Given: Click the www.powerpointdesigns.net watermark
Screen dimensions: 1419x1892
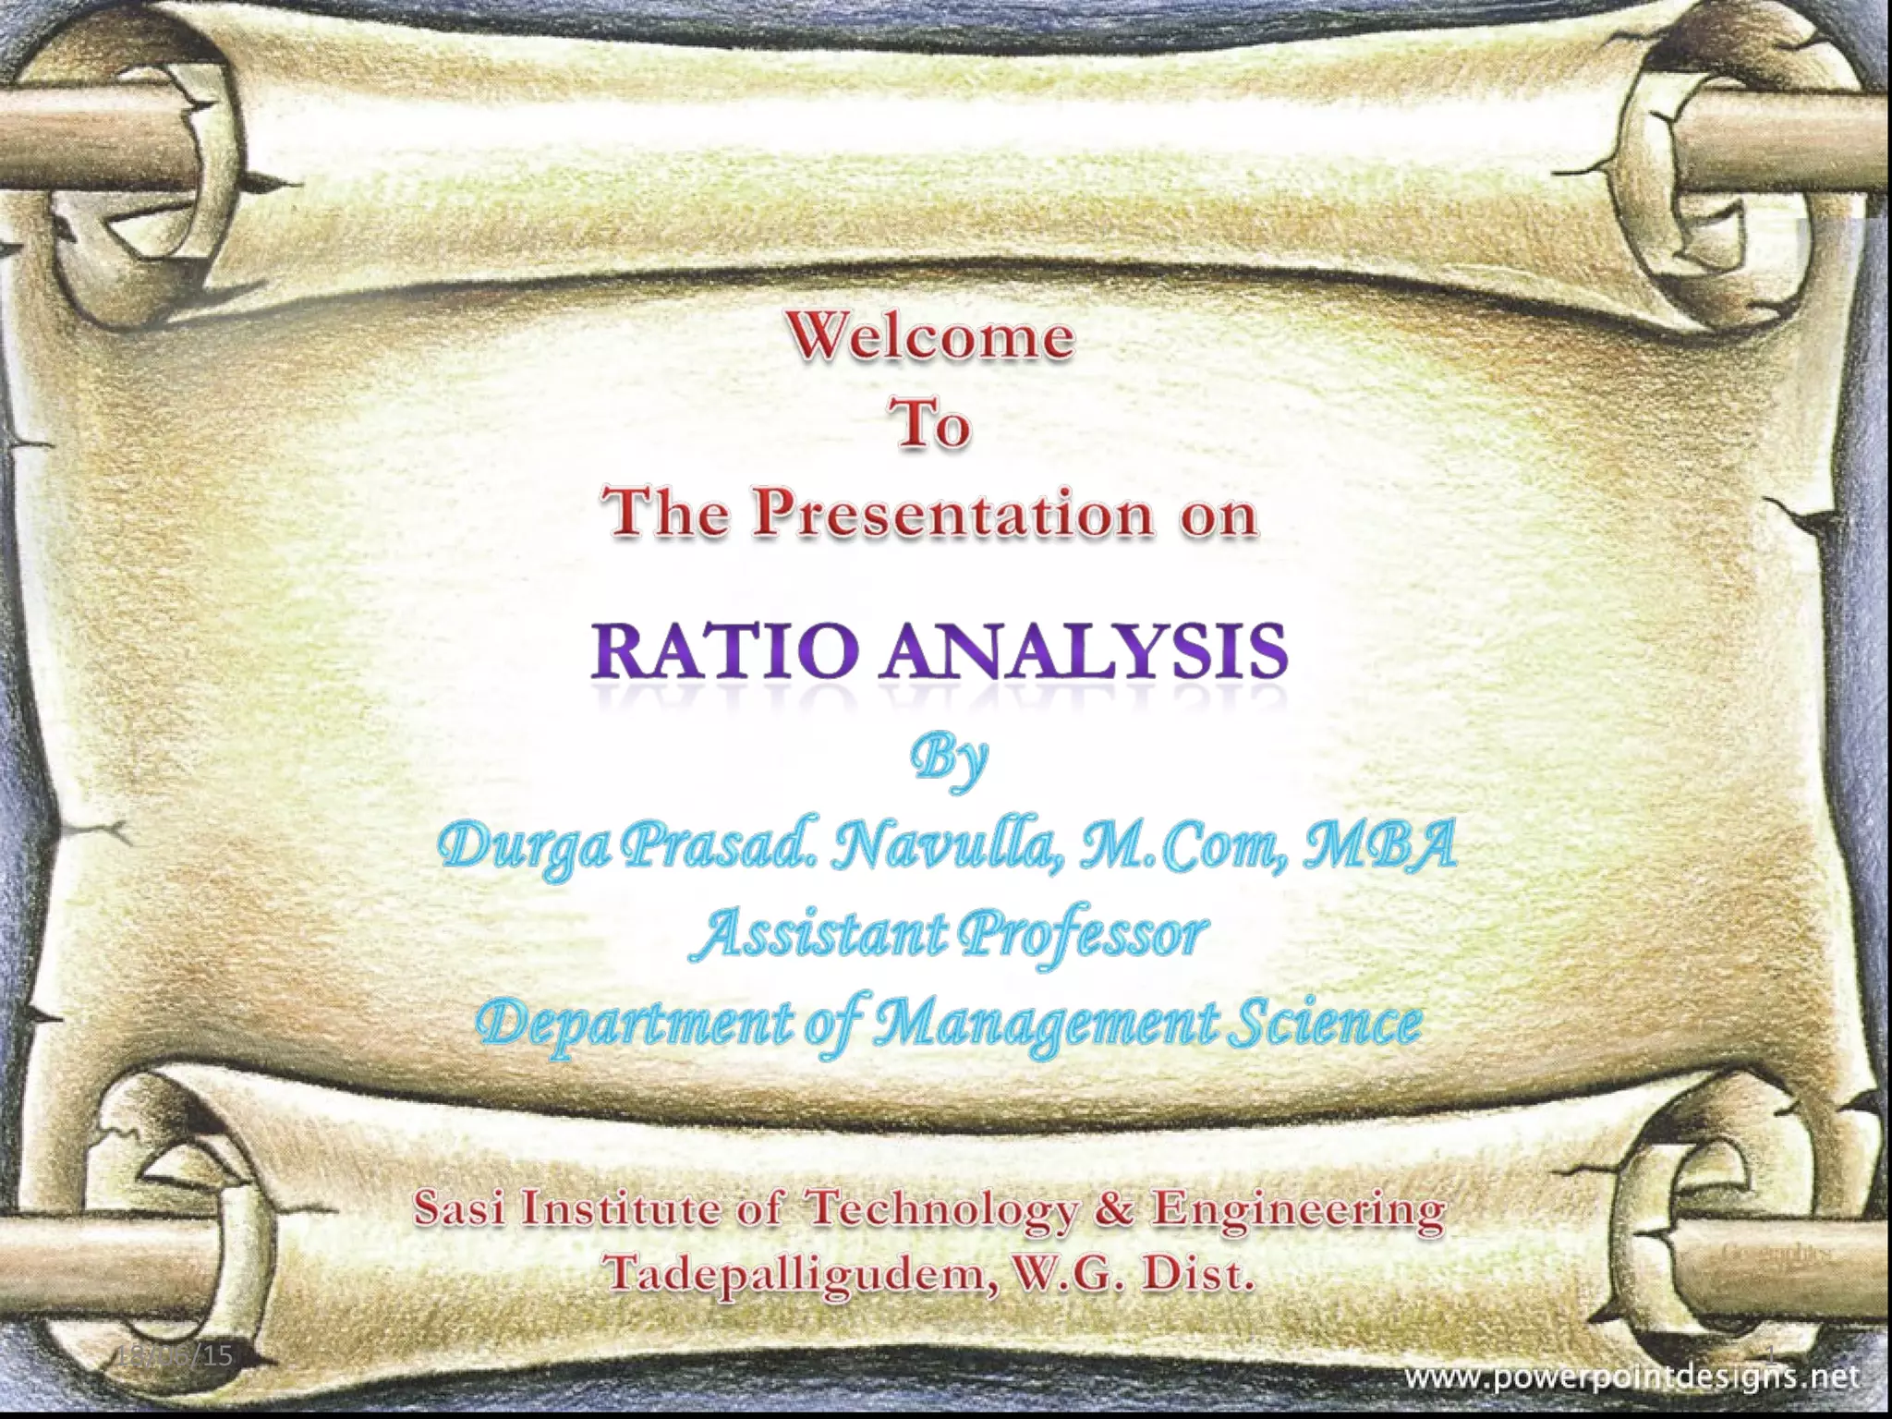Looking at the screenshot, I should click(x=1631, y=1378).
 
